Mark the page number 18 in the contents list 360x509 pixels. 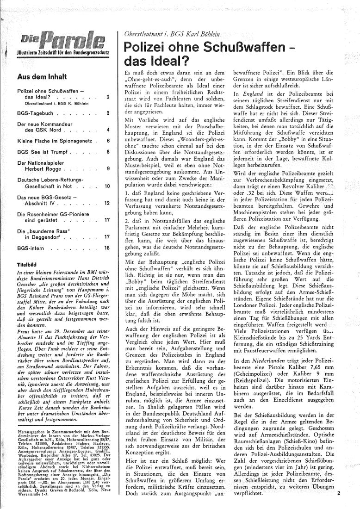coord(107,248)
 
